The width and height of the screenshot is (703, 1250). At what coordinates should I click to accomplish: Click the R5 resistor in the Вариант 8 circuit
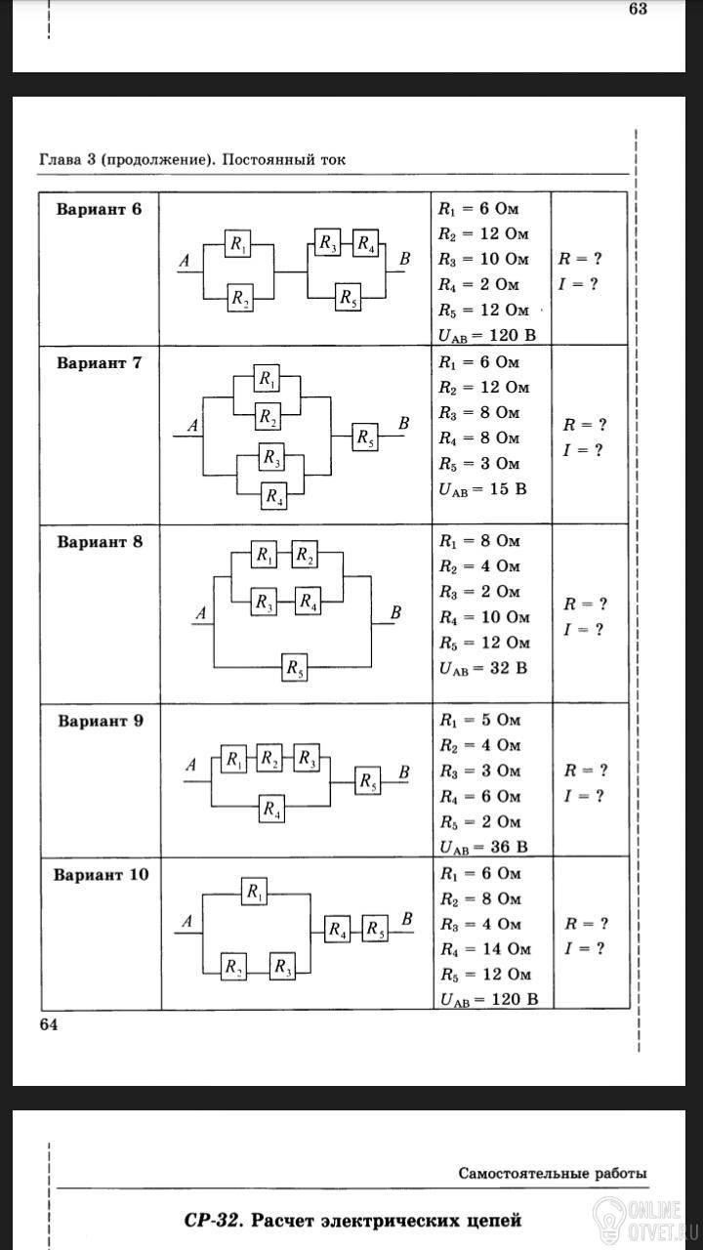[x=295, y=667]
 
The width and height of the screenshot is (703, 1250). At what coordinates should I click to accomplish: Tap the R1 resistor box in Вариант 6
[x=238, y=244]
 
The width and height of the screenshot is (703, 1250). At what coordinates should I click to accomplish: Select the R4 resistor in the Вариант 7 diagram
[x=274, y=495]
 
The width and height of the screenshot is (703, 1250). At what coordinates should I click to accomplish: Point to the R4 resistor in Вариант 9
[x=271, y=808]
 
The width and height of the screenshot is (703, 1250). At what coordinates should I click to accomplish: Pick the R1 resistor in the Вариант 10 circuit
[x=255, y=892]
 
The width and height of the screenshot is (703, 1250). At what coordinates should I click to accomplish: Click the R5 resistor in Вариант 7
[x=365, y=437]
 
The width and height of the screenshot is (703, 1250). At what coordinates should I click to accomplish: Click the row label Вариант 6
[x=100, y=210]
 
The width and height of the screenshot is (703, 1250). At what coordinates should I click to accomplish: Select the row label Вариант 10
[x=101, y=874]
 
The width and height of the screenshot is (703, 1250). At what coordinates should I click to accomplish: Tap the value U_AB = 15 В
[x=482, y=489]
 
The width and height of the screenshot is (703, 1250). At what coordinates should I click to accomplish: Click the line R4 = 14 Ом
[x=485, y=948]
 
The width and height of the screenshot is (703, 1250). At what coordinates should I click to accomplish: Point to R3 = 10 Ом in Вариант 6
[x=483, y=259]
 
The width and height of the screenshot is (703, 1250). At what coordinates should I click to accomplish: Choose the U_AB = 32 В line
[x=483, y=668]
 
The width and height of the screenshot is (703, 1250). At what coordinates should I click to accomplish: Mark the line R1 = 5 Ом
[x=479, y=720]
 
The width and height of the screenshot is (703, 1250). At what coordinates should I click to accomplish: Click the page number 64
[x=49, y=1024]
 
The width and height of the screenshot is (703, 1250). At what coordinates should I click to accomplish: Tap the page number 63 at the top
[x=639, y=9]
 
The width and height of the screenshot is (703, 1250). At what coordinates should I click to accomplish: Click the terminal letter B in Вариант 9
[x=404, y=772]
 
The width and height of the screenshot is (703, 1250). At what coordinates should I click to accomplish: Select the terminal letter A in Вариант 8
[x=201, y=613]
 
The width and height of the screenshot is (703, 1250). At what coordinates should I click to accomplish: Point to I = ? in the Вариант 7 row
[x=583, y=450]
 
